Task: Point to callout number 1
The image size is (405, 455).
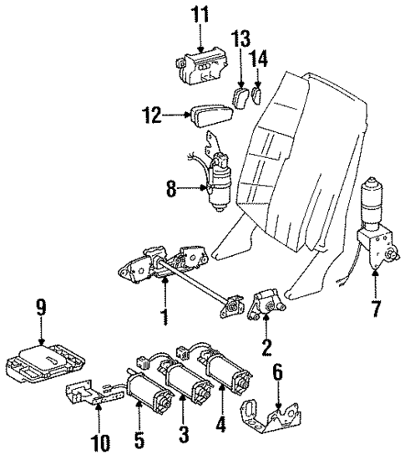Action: click(165, 319)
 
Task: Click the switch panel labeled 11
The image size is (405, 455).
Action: click(201, 65)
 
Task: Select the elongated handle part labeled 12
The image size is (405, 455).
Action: click(213, 117)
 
